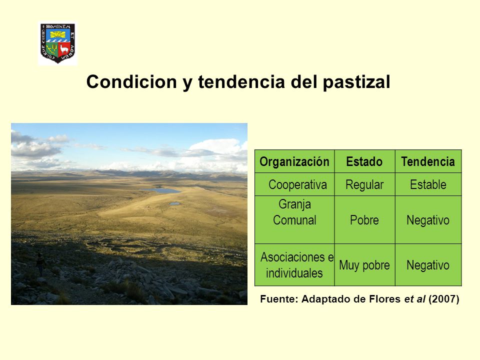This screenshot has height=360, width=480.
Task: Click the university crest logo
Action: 57,43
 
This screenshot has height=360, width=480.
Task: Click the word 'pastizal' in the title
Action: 356,82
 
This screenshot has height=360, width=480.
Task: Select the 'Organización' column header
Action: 294,161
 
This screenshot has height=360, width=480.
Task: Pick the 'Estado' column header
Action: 364,161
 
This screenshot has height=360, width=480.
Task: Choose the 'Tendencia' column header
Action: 428,161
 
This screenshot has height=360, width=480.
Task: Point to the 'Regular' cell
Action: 364,184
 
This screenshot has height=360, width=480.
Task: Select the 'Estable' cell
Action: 428,184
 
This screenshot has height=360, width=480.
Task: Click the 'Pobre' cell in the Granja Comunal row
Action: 364,220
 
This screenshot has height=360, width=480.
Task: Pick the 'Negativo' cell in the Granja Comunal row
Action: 428,220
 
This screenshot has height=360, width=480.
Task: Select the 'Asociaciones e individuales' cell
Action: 294,265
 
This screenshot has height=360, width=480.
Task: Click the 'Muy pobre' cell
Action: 364,265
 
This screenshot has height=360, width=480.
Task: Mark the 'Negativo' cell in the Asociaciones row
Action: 428,265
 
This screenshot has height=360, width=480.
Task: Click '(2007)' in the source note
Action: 443,299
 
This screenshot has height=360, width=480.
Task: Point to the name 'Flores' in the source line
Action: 385,299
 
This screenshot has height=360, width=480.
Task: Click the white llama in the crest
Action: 64,48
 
